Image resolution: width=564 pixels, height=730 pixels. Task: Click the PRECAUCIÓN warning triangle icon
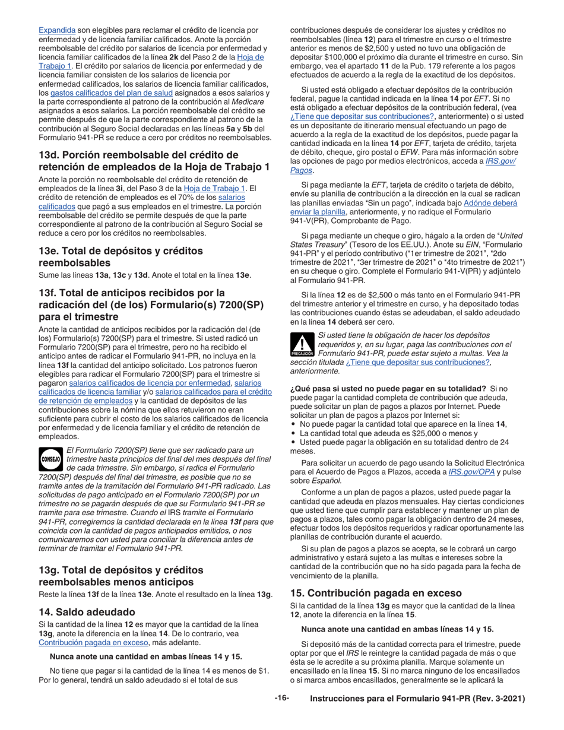click(x=302, y=345)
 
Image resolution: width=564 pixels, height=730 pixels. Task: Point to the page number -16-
click(x=281, y=699)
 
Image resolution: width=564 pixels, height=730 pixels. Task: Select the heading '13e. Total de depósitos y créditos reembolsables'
click(x=117, y=256)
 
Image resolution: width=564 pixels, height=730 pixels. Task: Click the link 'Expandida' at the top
click(x=57, y=30)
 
